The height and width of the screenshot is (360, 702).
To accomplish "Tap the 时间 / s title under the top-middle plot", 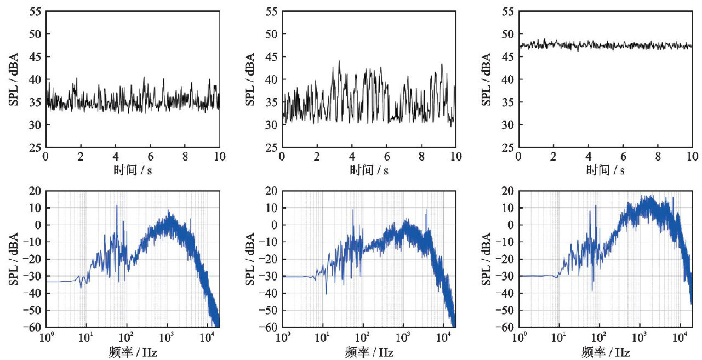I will point(369,170).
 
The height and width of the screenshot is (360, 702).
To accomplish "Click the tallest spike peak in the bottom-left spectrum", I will point(116,206).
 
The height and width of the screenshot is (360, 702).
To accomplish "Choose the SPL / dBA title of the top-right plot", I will point(486,79).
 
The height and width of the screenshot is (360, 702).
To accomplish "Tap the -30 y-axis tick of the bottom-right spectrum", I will point(507,276).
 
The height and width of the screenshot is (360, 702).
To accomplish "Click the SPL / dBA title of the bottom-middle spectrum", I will point(249,259).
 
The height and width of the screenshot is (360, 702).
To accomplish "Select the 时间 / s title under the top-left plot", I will point(133,170).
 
